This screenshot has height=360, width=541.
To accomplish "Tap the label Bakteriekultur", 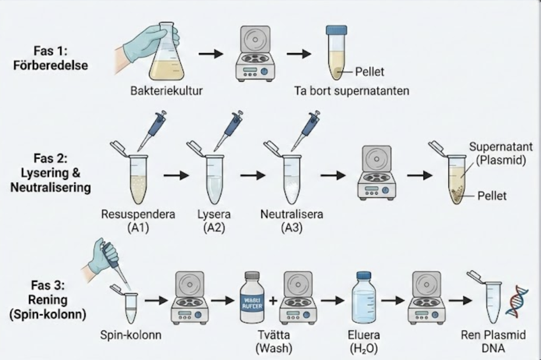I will pyautogui.click(x=166, y=91).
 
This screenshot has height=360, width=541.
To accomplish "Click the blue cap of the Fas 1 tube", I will pyautogui.click(x=336, y=31).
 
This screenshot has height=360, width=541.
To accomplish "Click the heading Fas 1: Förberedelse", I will pyautogui.click(x=51, y=58).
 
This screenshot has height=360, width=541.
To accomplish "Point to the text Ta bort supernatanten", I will pyautogui.click(x=352, y=91).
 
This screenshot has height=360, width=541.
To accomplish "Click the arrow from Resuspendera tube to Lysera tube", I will pyautogui.click(x=176, y=176).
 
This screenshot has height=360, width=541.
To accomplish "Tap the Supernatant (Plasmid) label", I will pyautogui.click(x=501, y=153).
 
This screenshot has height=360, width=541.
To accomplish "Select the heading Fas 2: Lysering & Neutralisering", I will pyautogui.click(x=51, y=173).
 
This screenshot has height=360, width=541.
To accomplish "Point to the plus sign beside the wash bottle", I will pyautogui.click(x=273, y=300).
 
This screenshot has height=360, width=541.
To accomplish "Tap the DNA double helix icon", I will pyautogui.click(x=517, y=300).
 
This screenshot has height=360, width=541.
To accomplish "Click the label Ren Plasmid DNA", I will pyautogui.click(x=493, y=341).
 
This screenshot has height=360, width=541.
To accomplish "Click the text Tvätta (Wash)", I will pyautogui.click(x=274, y=341).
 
